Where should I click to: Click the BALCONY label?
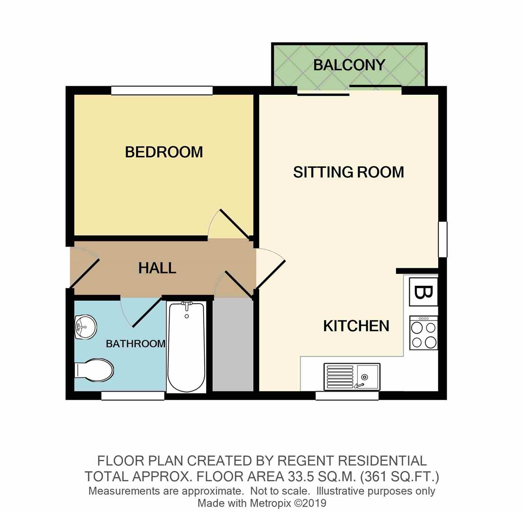(349, 65)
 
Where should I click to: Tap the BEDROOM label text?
(164, 152)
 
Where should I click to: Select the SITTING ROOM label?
(349, 172)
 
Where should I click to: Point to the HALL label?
(157, 268)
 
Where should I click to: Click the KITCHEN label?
(356, 326)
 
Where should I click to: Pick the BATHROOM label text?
(136, 344)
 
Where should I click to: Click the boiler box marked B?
(424, 292)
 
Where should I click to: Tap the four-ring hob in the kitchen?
(424, 333)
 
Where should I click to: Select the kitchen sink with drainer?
(352, 376)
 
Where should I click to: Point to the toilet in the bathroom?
(94, 370)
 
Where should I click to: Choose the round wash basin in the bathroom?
(86, 327)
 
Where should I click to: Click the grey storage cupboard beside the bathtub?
(233, 345)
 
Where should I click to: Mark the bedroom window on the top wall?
(162, 90)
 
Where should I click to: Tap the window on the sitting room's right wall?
(443, 239)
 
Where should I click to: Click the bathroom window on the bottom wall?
(133, 396)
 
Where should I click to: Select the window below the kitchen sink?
(347, 396)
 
